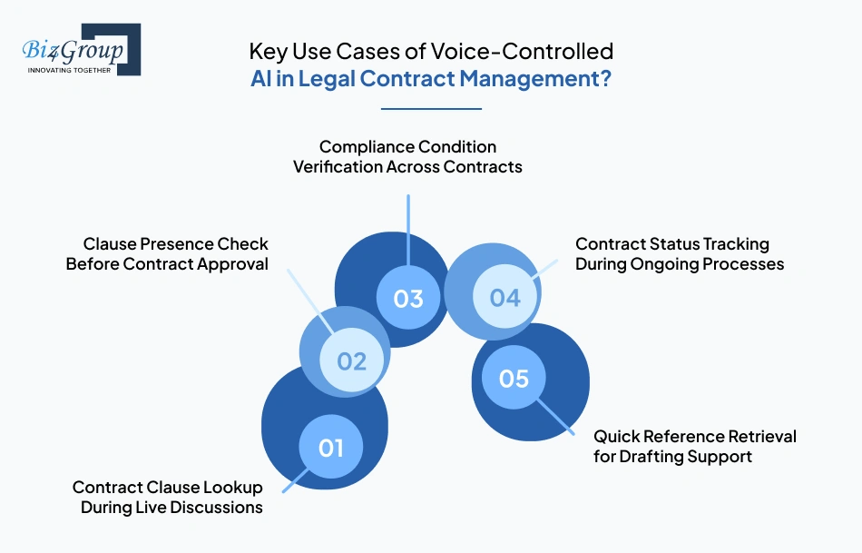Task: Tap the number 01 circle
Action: [x=331, y=448]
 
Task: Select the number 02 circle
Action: [x=351, y=361]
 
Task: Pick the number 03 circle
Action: [x=408, y=298]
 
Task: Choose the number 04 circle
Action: [x=504, y=298]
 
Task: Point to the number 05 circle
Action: [x=514, y=378]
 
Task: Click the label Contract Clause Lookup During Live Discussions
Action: [x=168, y=498]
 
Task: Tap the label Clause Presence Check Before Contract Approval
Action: [x=168, y=254]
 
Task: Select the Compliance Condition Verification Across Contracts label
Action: [x=407, y=156]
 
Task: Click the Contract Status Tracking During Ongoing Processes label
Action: [x=680, y=254]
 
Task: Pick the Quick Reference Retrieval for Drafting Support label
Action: [x=694, y=446]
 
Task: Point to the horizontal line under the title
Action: [x=431, y=109]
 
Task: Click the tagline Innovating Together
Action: [x=69, y=70]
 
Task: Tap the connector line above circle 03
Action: [x=408, y=227]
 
